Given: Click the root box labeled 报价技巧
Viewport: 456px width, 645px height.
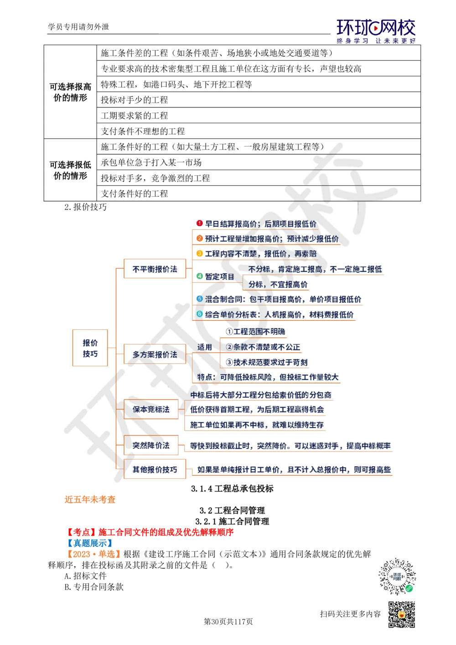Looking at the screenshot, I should (x=89, y=348).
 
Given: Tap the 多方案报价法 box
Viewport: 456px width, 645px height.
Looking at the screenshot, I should (x=155, y=354).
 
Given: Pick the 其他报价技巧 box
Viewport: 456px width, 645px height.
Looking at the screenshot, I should (x=155, y=469).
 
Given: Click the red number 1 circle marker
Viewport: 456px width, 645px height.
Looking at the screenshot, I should (x=199, y=223).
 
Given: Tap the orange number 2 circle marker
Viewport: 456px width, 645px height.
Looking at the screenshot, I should (x=199, y=238).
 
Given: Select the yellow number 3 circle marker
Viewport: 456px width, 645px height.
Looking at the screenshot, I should (x=199, y=253).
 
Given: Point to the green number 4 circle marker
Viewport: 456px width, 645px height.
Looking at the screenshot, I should (x=199, y=276).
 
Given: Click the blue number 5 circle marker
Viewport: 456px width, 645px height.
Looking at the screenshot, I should (x=199, y=299).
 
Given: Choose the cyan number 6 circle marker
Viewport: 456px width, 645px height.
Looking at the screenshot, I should (x=199, y=314).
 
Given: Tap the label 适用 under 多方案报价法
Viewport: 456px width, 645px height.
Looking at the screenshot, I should (x=205, y=347).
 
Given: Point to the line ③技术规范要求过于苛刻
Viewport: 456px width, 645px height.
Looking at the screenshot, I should (x=268, y=362).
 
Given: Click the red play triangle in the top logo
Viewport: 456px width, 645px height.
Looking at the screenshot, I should (x=376, y=29).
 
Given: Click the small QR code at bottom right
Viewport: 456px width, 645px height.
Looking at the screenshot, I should (x=401, y=614).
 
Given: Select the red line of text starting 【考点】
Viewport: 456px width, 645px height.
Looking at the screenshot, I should (x=150, y=531).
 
